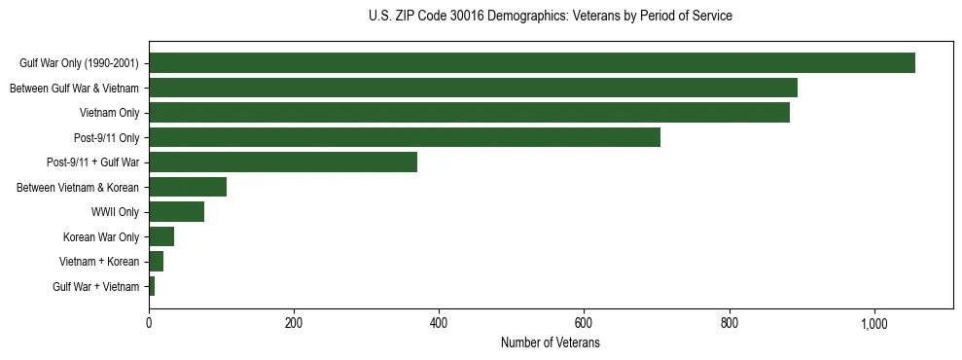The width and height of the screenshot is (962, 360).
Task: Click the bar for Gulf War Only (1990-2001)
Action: coord(532,63)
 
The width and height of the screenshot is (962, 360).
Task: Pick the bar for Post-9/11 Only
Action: coord(405,137)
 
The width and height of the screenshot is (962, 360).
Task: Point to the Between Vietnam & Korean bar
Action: coord(188,187)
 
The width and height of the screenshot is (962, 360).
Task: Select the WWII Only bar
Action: coord(176,212)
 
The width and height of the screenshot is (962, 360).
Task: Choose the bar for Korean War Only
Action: coord(161,236)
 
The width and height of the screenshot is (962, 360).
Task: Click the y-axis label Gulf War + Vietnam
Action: coord(96,287)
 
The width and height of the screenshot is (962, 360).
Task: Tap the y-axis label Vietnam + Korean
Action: coord(99,262)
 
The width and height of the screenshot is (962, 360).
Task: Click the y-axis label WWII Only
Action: coord(115,212)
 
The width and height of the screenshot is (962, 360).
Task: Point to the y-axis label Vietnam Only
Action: coord(109,113)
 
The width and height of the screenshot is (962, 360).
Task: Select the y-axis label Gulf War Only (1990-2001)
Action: coord(80,63)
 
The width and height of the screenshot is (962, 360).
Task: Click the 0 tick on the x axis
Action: coord(149,323)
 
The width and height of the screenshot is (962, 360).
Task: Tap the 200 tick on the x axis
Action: coord(294,323)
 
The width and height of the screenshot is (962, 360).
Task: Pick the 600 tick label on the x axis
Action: coord(584,323)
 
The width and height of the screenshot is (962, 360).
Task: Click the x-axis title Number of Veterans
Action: coord(551,343)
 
